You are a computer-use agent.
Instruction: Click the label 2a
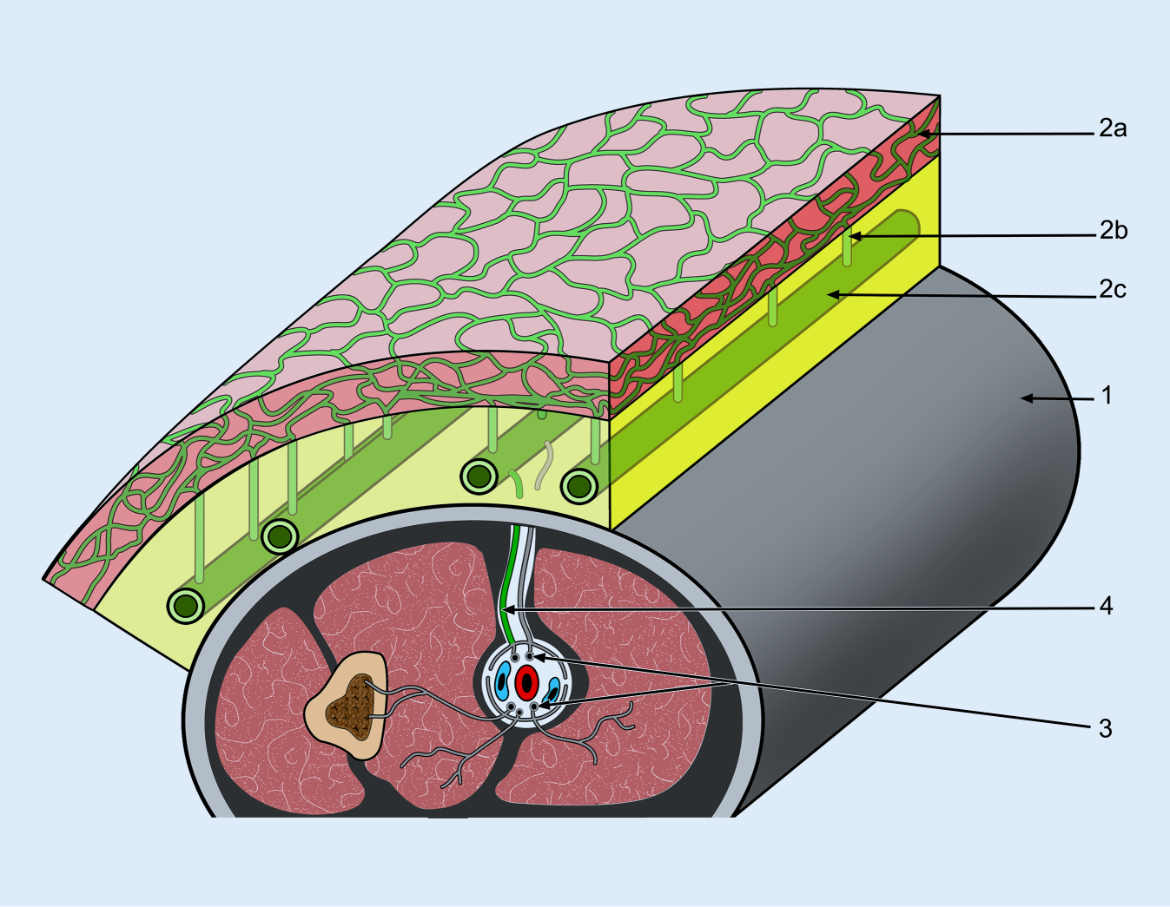point(1112,129)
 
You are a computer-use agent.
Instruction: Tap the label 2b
point(1113,231)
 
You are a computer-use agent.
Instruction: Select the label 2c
point(1112,289)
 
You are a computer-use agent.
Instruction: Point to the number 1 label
point(1106,396)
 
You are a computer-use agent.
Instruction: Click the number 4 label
point(1106,606)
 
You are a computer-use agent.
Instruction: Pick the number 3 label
point(1105,729)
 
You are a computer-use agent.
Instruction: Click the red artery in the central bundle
point(526,682)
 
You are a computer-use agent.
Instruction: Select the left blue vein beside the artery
point(502,681)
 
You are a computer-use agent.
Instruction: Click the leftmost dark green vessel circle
point(185,605)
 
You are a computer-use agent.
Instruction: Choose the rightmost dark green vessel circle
point(578,486)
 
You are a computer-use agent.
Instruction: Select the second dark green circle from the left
point(280,537)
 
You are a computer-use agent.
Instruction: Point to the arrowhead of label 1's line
point(1025,398)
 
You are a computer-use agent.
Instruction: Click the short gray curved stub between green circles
point(544,465)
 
